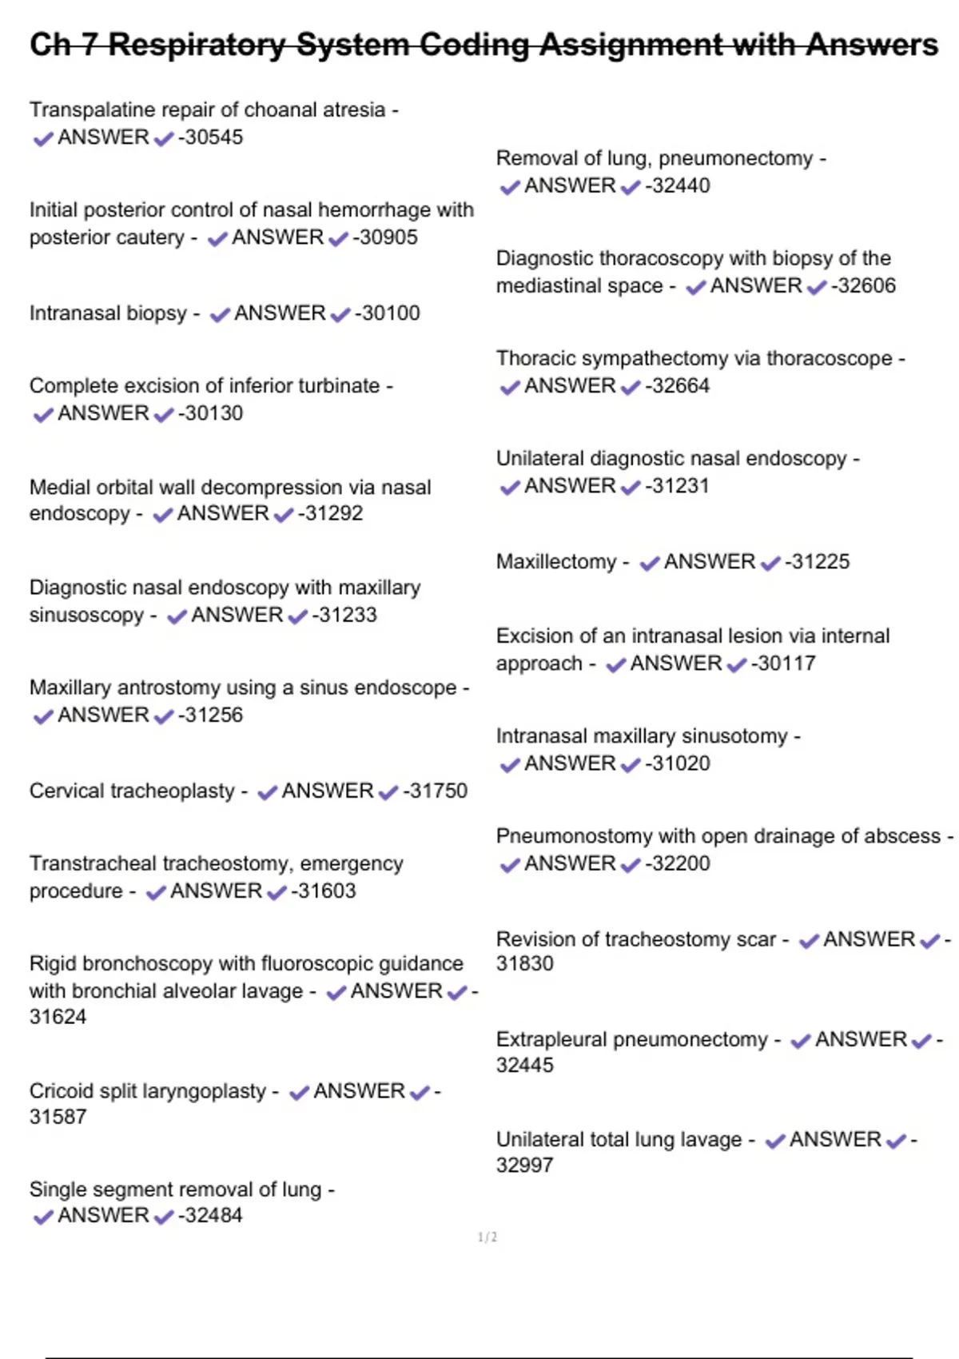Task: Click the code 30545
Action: (x=213, y=137)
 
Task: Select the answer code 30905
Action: (x=388, y=237)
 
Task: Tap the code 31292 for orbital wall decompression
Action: (x=333, y=513)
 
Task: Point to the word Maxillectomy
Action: (x=556, y=562)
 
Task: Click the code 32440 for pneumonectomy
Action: (x=680, y=185)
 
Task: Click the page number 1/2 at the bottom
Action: (x=487, y=1237)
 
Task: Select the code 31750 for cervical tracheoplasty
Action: (x=438, y=791)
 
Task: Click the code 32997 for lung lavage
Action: (x=524, y=1165)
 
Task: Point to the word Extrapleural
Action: (x=552, y=1039)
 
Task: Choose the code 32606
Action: (x=866, y=285)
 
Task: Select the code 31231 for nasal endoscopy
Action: (x=680, y=486)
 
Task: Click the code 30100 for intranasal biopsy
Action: (x=390, y=313)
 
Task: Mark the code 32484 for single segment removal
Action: (x=213, y=1215)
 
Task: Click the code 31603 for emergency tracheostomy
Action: (x=326, y=891)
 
